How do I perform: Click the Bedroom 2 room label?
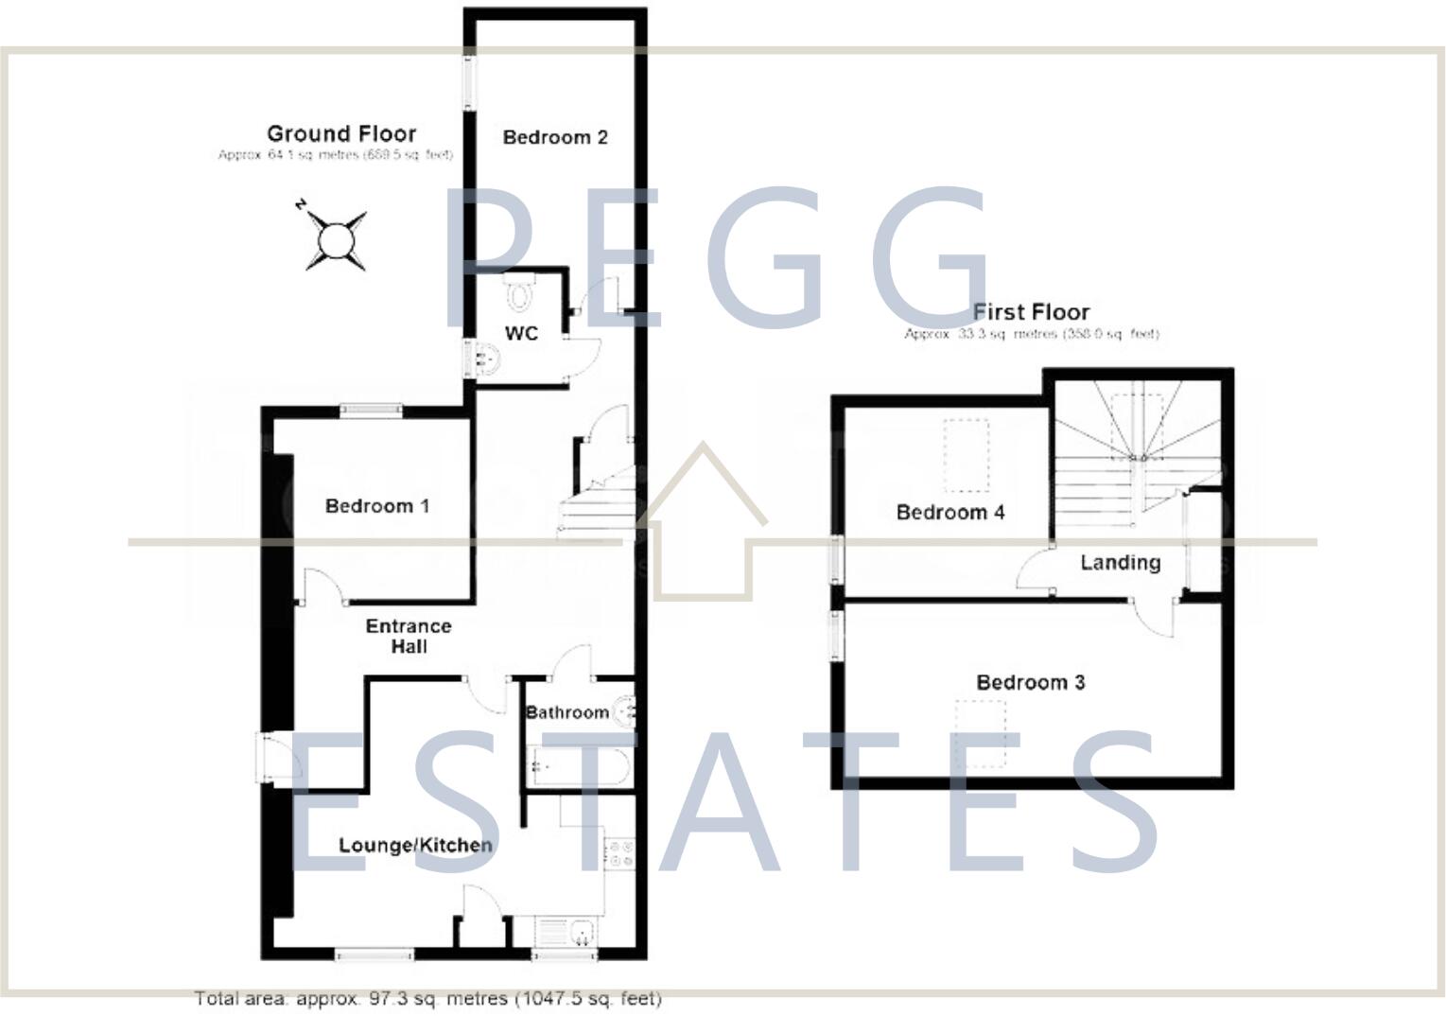[554, 137]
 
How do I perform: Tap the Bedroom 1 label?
[376, 506]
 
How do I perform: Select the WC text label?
[521, 333]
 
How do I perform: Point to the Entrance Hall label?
[409, 636]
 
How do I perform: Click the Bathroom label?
[566, 712]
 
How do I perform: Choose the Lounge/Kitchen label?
[415, 845]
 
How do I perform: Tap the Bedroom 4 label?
[949, 512]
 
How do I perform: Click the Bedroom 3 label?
[1030, 682]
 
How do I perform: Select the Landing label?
[1120, 563]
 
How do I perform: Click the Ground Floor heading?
[341, 133]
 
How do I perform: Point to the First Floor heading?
[1031, 312]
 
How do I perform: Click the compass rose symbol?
[335, 239]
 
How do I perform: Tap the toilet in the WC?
[519, 293]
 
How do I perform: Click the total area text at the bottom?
[427, 998]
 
